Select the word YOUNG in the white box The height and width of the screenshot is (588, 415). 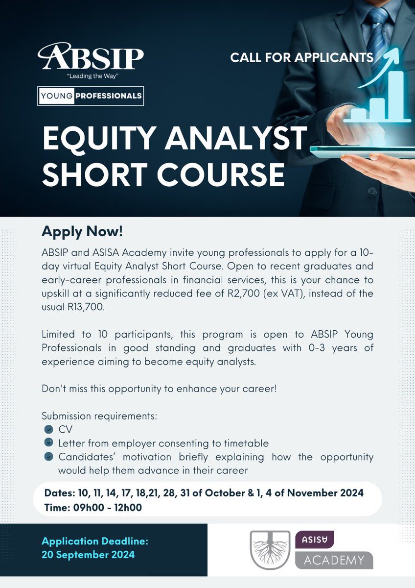59,96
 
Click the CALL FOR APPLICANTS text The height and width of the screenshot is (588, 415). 302,58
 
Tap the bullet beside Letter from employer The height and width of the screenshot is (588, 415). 48,443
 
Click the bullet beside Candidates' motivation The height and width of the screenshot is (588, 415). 48,457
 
